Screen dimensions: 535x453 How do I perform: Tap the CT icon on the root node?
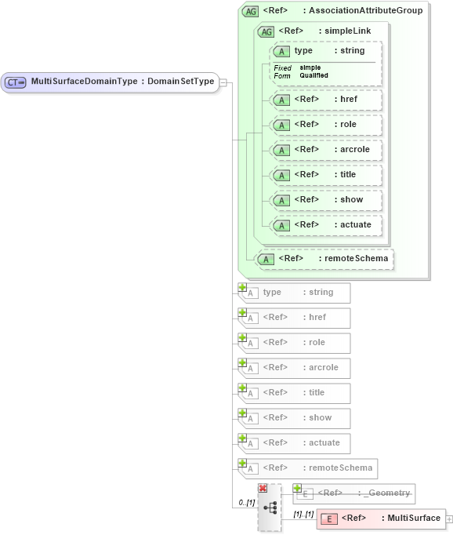[16, 82]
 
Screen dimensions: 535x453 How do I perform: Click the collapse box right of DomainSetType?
[223, 82]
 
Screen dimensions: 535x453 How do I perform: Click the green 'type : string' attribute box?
[325, 52]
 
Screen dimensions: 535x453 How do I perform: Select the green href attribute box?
[325, 100]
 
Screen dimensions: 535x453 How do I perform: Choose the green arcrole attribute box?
[325, 150]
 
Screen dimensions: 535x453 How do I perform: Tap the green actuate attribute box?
[325, 225]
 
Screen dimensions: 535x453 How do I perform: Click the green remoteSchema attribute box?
[325, 259]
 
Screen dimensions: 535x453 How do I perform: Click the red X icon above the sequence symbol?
[263, 488]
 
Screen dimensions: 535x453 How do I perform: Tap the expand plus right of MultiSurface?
[449, 519]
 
